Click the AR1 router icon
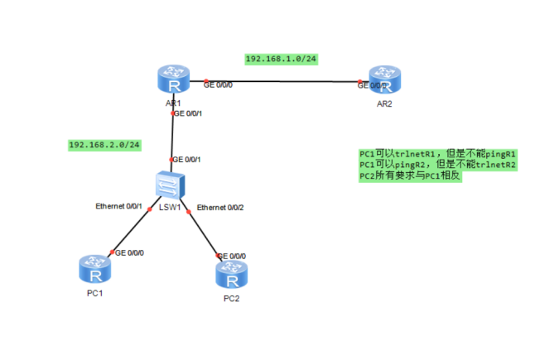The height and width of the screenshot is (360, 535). click(172, 81)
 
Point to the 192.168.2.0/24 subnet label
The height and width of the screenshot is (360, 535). click(104, 145)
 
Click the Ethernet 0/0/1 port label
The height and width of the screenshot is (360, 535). click(119, 205)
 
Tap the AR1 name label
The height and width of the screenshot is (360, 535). click(173, 103)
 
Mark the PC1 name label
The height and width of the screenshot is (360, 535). click(96, 293)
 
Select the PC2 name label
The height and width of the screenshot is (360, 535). click(232, 297)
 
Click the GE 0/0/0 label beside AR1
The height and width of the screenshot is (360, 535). click(218, 84)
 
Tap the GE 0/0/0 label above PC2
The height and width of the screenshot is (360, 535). click(231, 256)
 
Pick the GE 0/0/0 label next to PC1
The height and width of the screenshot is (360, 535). click(129, 252)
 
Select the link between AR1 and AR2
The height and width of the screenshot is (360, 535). click(282, 81)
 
